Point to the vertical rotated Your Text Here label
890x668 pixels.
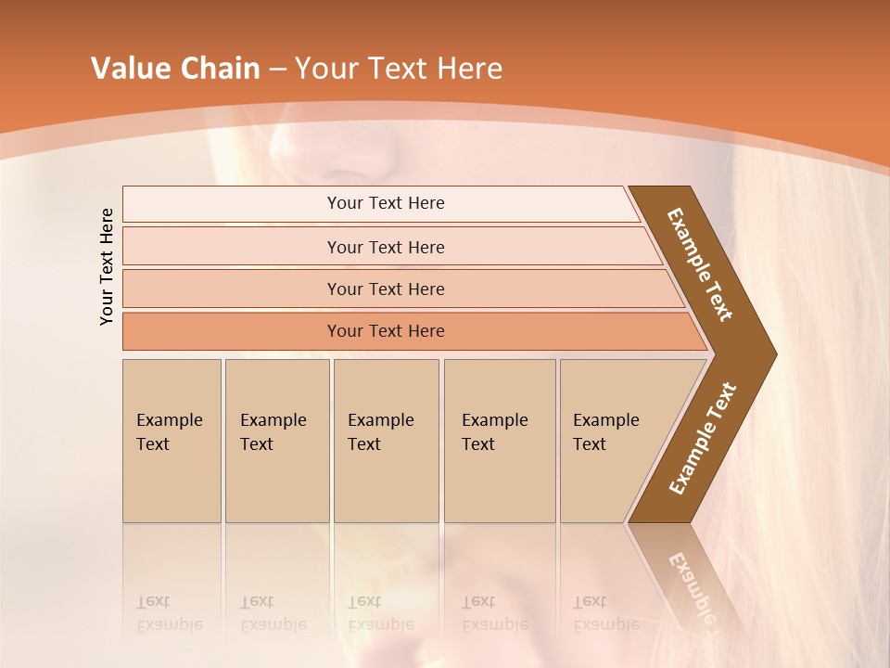point(108,266)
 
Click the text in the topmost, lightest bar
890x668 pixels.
point(386,203)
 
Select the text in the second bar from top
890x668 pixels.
point(386,248)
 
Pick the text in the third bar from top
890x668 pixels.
point(386,289)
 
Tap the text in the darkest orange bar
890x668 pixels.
point(386,331)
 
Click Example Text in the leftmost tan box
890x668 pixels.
point(169,432)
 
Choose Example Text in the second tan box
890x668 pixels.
point(273,432)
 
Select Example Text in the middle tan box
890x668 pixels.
point(380,432)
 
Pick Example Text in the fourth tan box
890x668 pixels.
point(494,432)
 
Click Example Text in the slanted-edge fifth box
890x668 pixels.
point(605,432)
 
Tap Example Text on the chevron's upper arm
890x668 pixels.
point(700,264)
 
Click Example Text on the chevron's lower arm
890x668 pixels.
point(703,438)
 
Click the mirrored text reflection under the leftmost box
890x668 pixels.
point(169,613)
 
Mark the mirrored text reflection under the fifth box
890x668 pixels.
point(605,613)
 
